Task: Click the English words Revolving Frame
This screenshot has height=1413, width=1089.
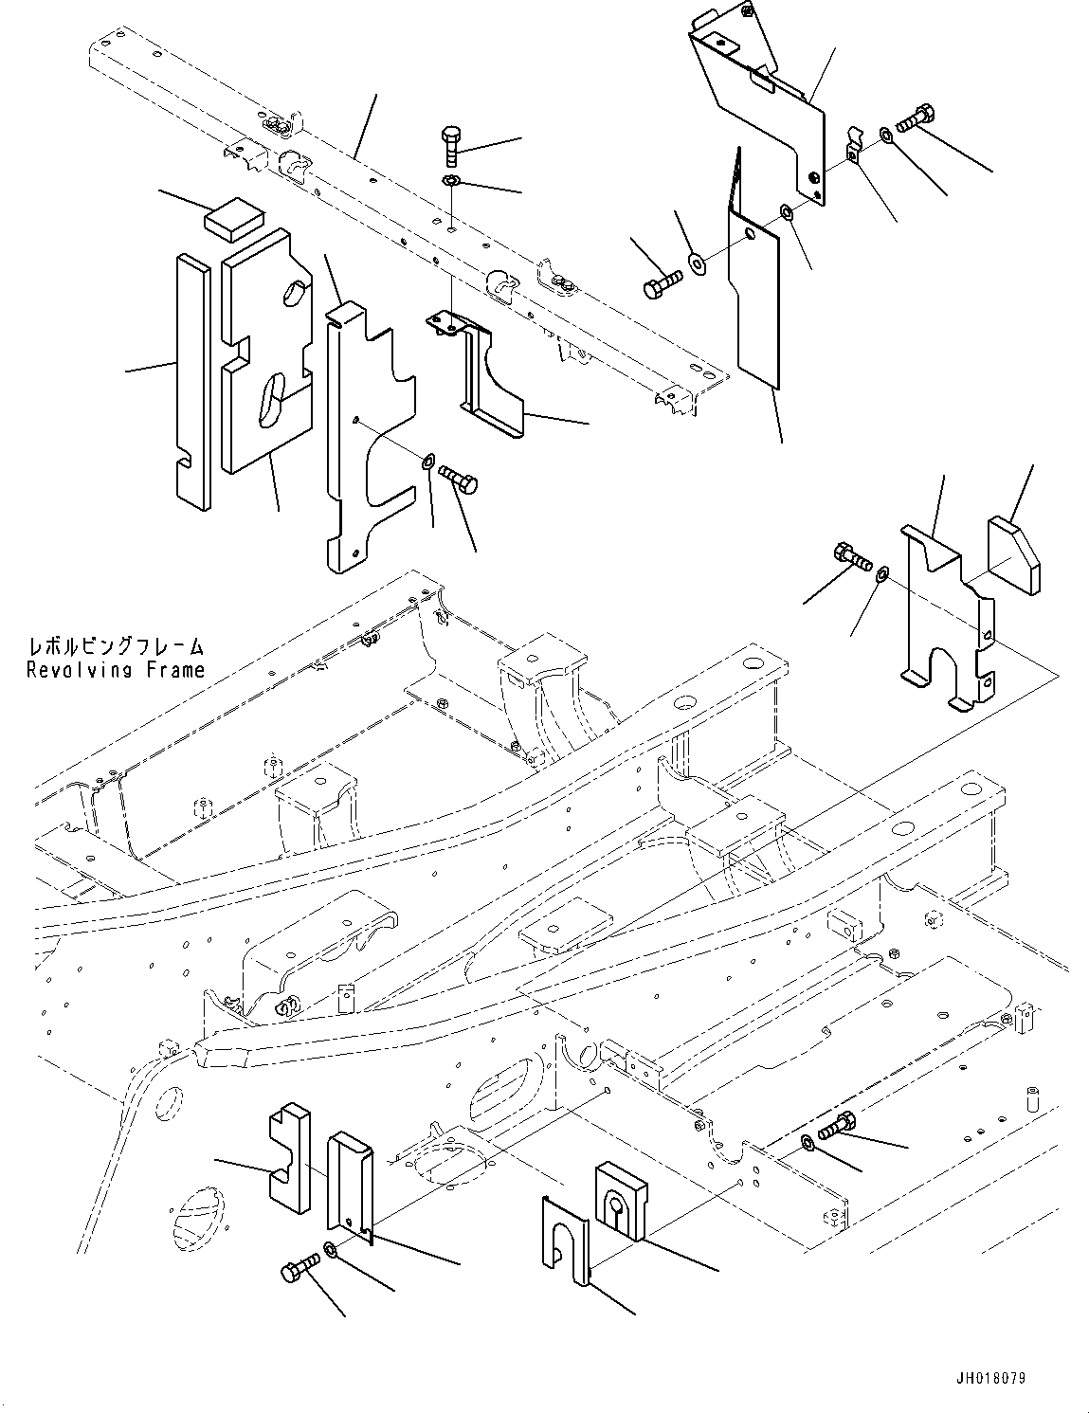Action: coord(116,670)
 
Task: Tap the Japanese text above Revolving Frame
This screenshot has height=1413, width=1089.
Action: coord(116,646)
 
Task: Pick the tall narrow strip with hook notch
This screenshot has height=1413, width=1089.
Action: coord(193,382)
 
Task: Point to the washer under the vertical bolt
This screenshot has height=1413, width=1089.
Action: coord(450,180)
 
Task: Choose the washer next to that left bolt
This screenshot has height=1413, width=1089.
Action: coord(698,263)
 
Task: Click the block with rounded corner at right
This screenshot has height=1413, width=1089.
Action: coord(1013,554)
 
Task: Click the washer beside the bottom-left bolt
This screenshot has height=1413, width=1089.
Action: coord(329,1248)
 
